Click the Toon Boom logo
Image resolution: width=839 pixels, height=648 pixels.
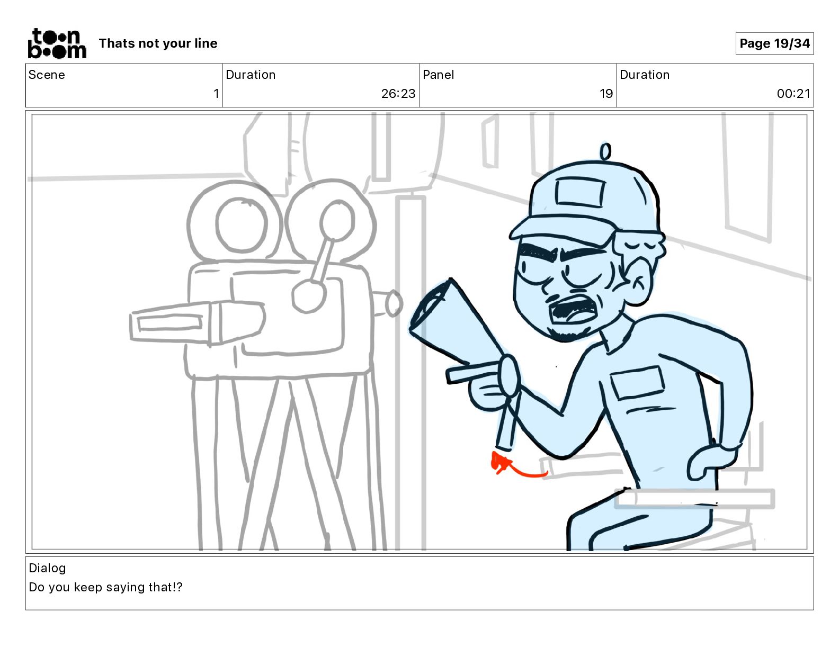57,43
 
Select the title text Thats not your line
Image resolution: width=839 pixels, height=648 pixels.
158,43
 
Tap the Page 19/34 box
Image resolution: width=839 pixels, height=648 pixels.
774,43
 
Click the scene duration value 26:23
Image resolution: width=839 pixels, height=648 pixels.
398,93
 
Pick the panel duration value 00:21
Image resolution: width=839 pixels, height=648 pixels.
793,93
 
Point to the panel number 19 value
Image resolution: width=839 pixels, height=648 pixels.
606,93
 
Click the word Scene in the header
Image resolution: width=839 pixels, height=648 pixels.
47,75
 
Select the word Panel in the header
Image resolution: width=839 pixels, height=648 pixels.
438,75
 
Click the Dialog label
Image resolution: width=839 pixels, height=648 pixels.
47,568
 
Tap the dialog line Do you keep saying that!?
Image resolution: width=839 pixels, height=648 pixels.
105,587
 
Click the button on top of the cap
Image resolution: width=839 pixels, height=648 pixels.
605,151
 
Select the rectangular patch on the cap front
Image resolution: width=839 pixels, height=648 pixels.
580,192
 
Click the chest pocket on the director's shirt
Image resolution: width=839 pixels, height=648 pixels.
637,382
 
